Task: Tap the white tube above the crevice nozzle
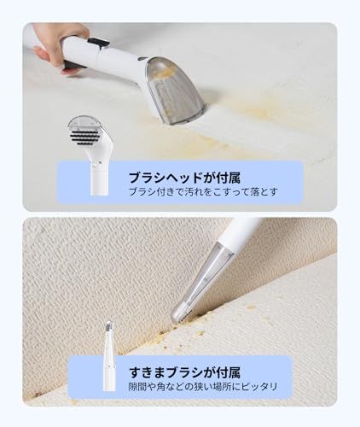[x=239, y=235]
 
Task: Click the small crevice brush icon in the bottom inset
[x=108, y=355]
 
